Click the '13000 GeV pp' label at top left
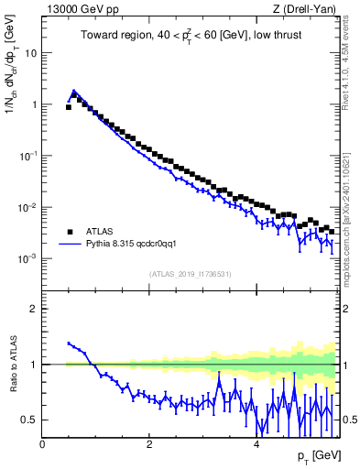point(75,10)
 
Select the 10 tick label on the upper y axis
point(31,53)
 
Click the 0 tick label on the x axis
point(42,443)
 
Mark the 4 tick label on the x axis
point(256,443)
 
